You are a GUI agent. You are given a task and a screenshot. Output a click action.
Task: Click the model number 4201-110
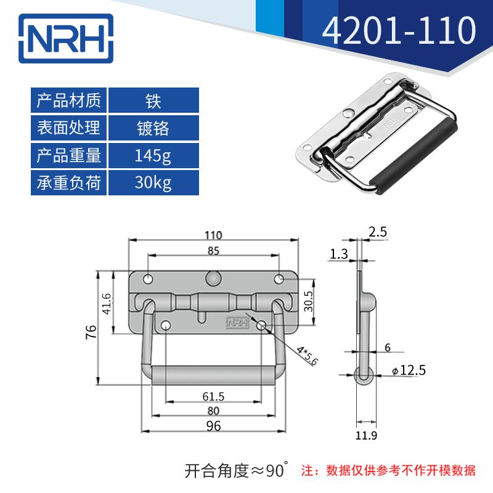(x=399, y=30)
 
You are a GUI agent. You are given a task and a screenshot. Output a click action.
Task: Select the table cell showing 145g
(x=153, y=156)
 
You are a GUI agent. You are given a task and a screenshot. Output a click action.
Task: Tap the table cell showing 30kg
(x=153, y=183)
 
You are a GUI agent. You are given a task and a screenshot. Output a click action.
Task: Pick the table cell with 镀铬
(x=153, y=128)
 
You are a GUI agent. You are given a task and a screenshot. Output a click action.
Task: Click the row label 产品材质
(x=69, y=100)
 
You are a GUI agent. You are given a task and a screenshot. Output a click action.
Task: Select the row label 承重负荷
(x=69, y=183)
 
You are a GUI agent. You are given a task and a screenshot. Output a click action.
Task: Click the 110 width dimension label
(x=213, y=235)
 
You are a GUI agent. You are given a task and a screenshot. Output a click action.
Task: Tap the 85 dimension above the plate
(x=213, y=251)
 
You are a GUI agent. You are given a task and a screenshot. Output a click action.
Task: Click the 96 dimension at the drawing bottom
(x=213, y=425)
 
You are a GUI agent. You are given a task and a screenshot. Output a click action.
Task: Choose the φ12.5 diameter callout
(x=409, y=370)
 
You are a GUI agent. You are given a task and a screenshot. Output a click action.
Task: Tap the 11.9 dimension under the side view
(x=366, y=436)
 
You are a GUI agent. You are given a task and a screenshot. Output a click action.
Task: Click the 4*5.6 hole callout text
(x=306, y=356)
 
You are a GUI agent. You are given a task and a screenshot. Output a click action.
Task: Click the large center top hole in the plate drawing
(x=213, y=278)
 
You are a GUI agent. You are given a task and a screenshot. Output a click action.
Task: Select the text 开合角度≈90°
(x=237, y=471)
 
